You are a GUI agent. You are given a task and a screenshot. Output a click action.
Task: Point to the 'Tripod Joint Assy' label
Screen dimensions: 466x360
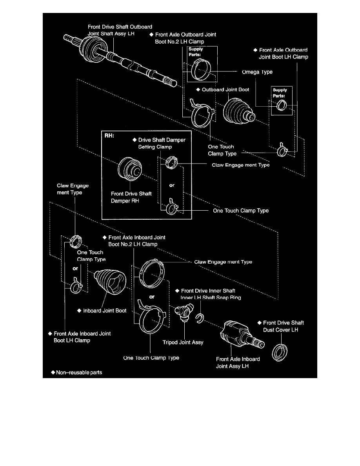[183, 342]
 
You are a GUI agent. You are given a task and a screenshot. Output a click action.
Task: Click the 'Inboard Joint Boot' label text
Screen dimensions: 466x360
[105, 311]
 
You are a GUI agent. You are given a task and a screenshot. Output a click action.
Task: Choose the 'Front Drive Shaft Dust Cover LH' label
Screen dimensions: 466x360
[280, 326]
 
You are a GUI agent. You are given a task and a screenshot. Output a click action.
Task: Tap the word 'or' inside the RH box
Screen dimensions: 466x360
[172, 185]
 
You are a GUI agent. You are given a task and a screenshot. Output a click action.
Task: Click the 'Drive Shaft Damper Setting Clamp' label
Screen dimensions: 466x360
[161, 143]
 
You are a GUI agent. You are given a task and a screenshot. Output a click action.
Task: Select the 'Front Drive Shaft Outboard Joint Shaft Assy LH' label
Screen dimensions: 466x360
[120, 30]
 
